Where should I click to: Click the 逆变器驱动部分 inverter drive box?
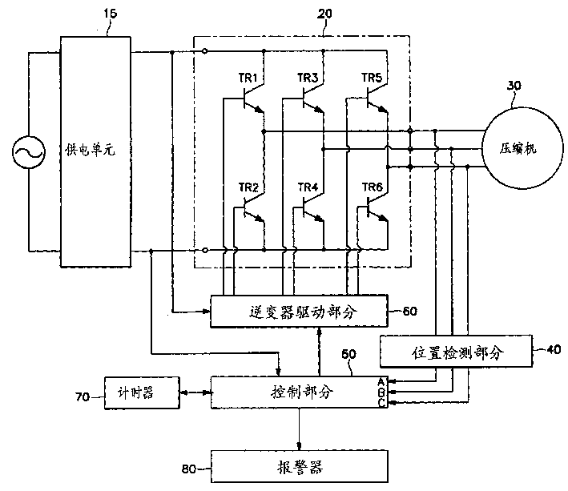point(298,310)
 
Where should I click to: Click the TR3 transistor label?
point(308,78)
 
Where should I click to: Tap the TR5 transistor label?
point(372,78)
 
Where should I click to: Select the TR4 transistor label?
point(308,187)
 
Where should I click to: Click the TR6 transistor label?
point(372,187)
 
